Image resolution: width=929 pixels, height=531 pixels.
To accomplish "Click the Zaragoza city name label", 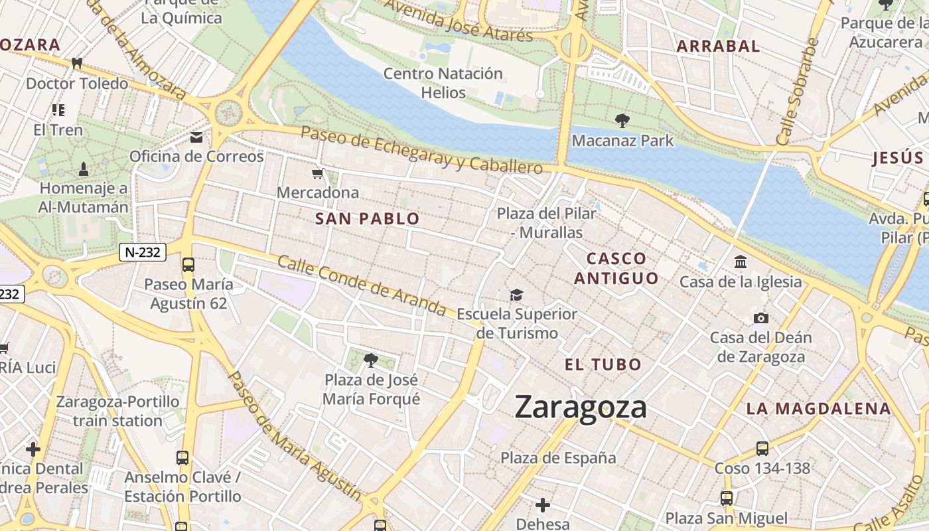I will click(x=581, y=407).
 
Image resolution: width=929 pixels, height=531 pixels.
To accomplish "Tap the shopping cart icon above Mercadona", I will click(x=318, y=174).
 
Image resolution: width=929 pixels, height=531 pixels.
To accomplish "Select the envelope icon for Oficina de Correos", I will click(x=196, y=137).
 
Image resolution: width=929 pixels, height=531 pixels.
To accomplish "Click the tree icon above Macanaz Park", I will click(x=622, y=121).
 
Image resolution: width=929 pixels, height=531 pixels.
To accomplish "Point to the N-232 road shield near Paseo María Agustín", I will click(x=143, y=252).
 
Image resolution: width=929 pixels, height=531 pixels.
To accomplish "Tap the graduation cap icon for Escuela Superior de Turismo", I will click(x=516, y=295).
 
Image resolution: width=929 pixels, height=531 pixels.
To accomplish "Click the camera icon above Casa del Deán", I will click(x=761, y=319).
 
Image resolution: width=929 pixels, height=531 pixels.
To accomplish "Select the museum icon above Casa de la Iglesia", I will click(x=741, y=262).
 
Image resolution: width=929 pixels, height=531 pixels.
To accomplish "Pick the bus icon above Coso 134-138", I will click(x=762, y=449).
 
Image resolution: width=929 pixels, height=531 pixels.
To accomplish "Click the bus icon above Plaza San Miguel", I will click(x=727, y=498).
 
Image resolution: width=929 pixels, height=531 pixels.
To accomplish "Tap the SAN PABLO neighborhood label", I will click(x=368, y=219).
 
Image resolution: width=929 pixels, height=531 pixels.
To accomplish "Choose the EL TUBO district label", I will click(x=603, y=364).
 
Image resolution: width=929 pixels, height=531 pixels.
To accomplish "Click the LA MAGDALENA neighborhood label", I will click(x=818, y=409).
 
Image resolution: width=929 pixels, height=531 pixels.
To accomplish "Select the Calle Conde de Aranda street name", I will click(x=362, y=285).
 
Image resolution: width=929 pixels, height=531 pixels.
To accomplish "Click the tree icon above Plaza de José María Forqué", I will click(x=371, y=360).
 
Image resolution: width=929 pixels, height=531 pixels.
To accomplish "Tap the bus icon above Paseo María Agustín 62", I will click(x=188, y=265).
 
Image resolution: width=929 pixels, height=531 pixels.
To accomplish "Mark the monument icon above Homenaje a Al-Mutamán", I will click(x=84, y=169).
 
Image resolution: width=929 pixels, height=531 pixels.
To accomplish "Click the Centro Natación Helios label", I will click(x=443, y=82).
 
